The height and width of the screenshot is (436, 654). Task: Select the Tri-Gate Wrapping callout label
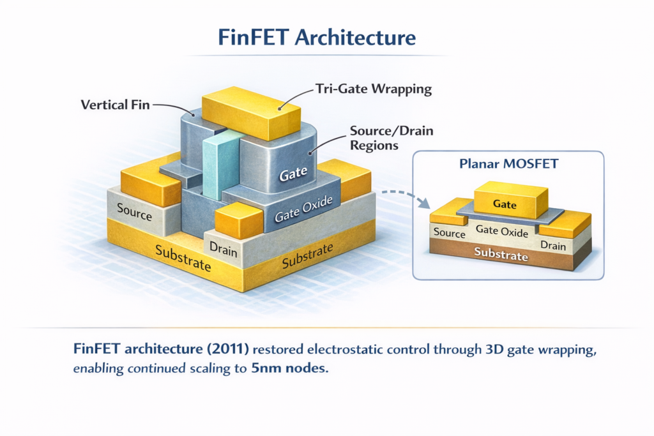pos(374,89)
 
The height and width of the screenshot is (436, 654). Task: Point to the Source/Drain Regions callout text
pos(391,138)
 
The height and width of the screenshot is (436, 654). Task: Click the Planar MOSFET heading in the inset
pos(508,164)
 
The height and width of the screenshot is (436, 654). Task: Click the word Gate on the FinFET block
pos(294,172)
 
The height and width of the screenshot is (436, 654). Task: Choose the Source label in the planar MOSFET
pos(449,233)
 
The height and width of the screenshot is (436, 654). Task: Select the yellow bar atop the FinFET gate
pos(251,113)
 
